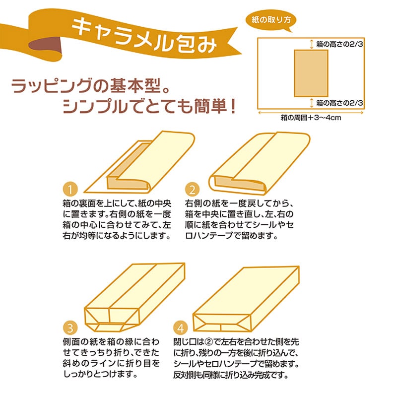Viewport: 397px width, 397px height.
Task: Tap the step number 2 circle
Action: [193, 190]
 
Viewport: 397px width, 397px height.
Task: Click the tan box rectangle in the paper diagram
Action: [311, 73]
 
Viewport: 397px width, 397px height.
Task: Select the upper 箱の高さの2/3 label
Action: [340, 44]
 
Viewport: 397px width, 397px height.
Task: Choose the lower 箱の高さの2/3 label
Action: [340, 103]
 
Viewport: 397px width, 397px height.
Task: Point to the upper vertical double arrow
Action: [311, 44]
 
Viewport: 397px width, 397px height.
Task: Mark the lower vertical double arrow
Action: [311, 103]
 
